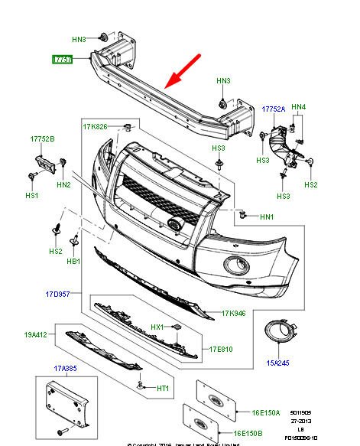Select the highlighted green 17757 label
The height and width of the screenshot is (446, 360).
tap(62, 59)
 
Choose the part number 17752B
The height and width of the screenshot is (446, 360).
tap(43, 139)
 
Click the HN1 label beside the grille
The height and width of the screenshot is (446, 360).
tap(267, 217)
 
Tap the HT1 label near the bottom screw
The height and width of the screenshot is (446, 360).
tap(163, 389)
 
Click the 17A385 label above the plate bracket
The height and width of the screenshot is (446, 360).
tap(66, 369)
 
